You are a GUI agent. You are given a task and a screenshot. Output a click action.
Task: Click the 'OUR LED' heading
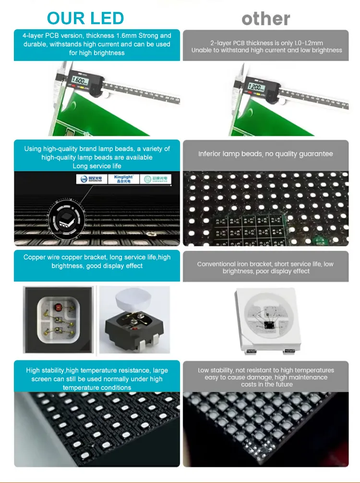(85, 18)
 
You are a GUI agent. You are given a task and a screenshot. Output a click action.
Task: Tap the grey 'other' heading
(266, 19)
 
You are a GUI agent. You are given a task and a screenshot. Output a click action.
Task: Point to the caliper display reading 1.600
(79, 81)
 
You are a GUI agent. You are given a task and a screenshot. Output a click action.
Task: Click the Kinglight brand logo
(124, 179)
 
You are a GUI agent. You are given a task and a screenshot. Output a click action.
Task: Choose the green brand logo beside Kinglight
(155, 179)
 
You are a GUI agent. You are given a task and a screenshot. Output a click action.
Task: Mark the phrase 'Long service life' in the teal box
(97, 166)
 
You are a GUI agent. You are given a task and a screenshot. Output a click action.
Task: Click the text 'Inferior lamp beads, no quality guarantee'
(265, 154)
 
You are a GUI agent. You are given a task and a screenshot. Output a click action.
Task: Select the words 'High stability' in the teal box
(45, 370)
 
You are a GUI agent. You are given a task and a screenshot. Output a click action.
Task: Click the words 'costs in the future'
(266, 385)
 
